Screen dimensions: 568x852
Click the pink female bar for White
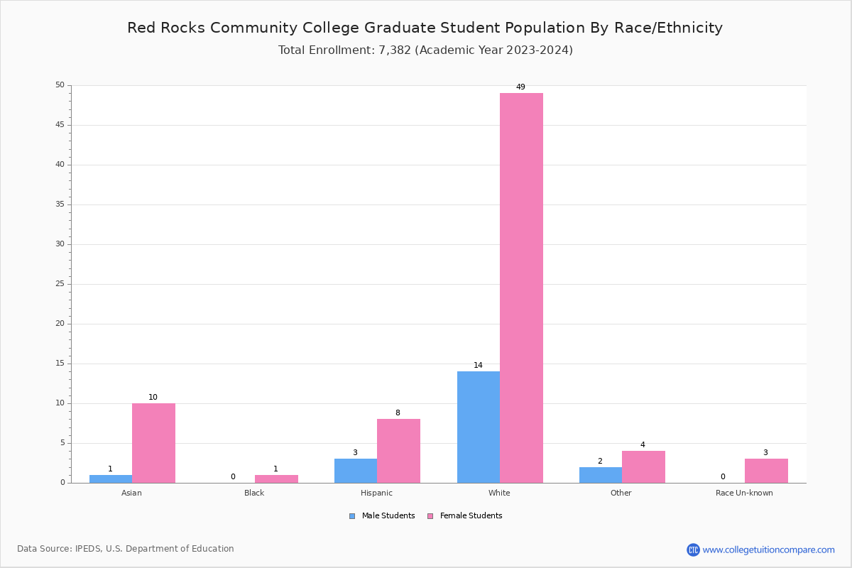point(521,288)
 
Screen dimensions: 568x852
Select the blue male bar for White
point(478,427)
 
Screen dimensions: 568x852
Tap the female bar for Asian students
point(153,443)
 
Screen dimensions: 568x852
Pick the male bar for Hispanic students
point(355,471)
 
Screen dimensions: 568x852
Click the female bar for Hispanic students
point(398,451)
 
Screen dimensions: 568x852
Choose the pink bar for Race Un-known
point(766,471)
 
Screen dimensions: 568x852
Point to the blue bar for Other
point(600,475)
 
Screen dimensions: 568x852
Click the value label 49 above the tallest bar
point(520,87)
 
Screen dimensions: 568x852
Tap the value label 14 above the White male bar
point(478,366)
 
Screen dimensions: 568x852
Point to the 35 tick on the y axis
point(60,204)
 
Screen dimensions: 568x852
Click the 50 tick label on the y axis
point(60,85)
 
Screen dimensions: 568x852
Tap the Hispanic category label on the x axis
point(376,493)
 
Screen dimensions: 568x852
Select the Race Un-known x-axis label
point(744,493)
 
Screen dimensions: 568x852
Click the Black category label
point(254,493)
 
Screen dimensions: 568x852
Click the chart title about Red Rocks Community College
point(425,28)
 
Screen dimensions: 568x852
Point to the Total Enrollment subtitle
point(425,50)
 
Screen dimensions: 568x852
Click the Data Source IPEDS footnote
point(126,549)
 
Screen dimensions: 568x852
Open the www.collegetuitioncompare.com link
point(768,550)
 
